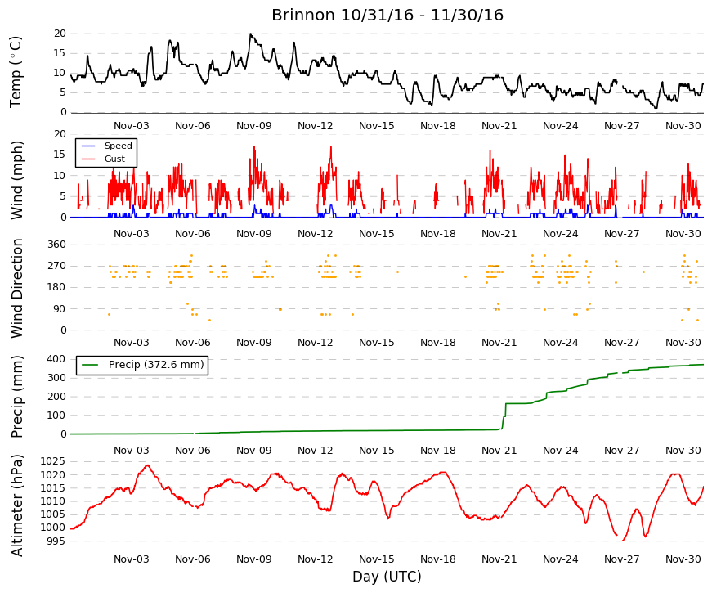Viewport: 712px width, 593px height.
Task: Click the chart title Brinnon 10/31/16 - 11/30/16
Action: click(x=387, y=15)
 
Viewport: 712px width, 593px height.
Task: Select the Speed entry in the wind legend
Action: click(x=118, y=146)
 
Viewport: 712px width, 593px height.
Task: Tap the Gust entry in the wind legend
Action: click(x=114, y=159)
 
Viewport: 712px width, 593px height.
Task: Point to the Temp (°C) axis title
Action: click(x=16, y=72)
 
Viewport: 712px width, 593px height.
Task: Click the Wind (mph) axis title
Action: click(x=16, y=180)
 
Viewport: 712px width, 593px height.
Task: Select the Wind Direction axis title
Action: click(x=16, y=288)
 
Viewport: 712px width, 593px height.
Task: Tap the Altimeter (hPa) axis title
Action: click(x=16, y=505)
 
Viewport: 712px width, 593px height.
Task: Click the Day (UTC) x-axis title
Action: click(x=387, y=576)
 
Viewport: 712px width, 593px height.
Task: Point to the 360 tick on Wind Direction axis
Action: click(x=56, y=245)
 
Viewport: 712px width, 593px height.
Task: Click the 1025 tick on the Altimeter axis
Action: click(x=52, y=461)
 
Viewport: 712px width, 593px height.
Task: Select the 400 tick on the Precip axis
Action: click(x=56, y=359)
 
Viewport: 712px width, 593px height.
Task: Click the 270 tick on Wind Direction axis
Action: click(x=56, y=266)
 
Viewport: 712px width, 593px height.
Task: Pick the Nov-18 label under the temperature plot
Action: click(x=437, y=126)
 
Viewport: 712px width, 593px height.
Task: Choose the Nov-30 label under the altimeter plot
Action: click(x=683, y=559)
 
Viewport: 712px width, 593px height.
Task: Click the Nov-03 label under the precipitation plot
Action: click(x=132, y=451)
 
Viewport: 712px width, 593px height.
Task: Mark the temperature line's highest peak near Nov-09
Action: click(x=250, y=34)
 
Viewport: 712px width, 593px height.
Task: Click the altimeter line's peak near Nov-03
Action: click(x=148, y=465)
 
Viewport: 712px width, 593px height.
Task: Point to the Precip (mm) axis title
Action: click(x=16, y=397)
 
